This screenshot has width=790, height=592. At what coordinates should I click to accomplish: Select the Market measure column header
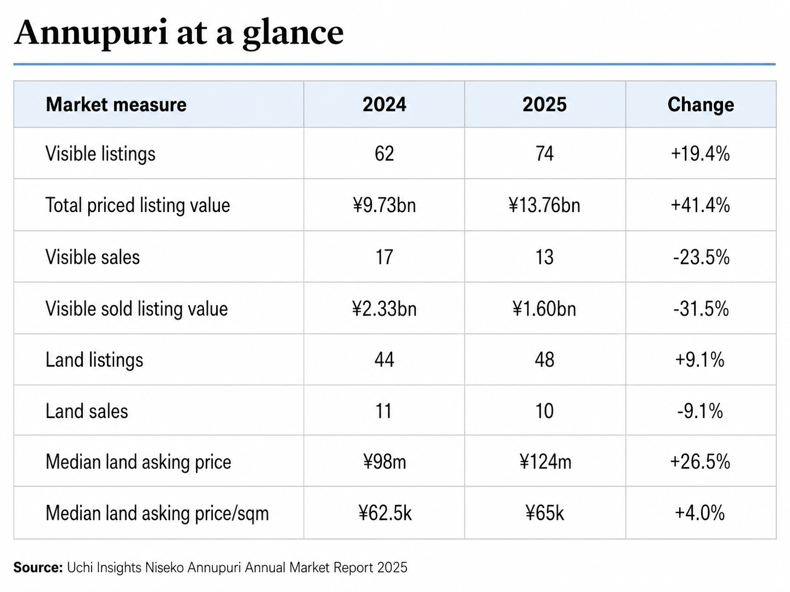tap(116, 105)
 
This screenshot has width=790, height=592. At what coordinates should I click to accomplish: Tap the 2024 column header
tap(384, 105)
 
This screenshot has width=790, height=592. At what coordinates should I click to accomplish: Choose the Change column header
tap(701, 105)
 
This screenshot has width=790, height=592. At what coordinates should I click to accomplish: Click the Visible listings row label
tap(100, 154)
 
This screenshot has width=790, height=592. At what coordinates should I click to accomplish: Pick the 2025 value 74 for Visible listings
tap(544, 154)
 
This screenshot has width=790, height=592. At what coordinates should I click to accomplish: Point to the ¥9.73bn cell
tap(384, 206)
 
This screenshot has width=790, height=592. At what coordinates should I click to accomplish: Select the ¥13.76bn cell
tap(544, 206)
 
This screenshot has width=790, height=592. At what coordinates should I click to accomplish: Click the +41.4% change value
tap(701, 206)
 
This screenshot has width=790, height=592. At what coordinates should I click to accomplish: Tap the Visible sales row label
tap(93, 257)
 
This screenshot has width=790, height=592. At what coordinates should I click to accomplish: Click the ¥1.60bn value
tap(544, 309)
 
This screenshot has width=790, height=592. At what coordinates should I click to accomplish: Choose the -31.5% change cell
tap(701, 309)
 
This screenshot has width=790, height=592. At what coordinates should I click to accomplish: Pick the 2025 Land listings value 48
tap(544, 360)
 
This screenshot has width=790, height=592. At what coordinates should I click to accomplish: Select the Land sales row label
tap(87, 411)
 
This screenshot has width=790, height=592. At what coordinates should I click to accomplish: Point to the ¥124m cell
tap(545, 462)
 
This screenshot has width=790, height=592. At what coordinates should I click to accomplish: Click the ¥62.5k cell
tap(385, 513)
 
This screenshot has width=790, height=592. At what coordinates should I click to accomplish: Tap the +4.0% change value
tap(699, 513)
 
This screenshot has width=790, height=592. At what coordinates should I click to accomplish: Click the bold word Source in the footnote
tap(38, 567)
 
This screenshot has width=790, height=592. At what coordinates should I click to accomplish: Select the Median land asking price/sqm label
tap(157, 514)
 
